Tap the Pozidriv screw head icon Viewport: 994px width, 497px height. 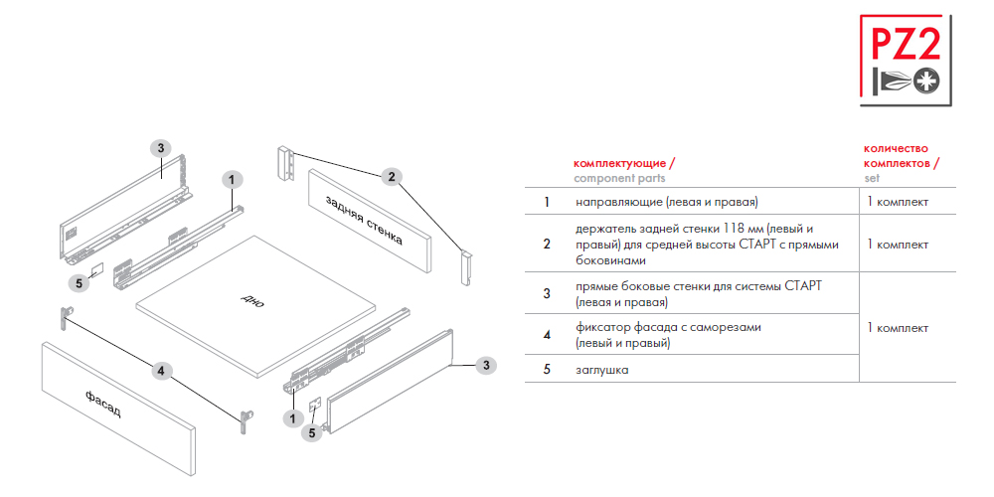tap(927, 82)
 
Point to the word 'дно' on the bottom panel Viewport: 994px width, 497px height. tap(252, 300)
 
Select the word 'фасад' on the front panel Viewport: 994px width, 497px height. tap(102, 404)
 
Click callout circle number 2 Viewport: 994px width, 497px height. tap(392, 177)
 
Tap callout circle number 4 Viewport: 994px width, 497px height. tap(161, 371)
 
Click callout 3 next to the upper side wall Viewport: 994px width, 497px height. tap(161, 148)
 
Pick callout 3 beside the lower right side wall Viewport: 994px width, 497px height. tap(486, 365)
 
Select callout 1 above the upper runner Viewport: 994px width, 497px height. tap(232, 180)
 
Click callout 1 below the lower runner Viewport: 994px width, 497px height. tap(292, 418)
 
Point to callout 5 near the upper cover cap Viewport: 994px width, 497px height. tap(79, 283)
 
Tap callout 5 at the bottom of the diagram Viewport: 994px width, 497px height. tap(311, 433)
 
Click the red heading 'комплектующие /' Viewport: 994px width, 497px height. tap(624, 163)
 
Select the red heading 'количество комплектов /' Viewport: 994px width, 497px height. tap(902, 156)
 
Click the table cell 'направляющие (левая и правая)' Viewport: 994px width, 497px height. tap(667, 202)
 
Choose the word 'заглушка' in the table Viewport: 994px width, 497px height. tap(602, 370)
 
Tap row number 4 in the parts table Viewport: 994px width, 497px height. tap(547, 334)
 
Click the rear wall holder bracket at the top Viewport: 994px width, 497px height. tap(286, 164)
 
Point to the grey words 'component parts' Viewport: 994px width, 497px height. tap(619, 178)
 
